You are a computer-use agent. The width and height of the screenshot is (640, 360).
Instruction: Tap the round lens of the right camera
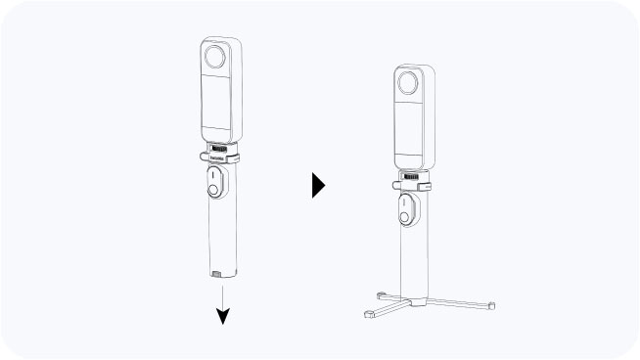pos(409,84)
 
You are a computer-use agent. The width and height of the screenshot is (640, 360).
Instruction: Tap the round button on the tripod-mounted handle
pos(403,214)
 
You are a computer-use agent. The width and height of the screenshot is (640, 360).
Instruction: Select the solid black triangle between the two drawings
pos(318,185)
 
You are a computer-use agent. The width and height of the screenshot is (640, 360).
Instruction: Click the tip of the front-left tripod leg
pos(368,315)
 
